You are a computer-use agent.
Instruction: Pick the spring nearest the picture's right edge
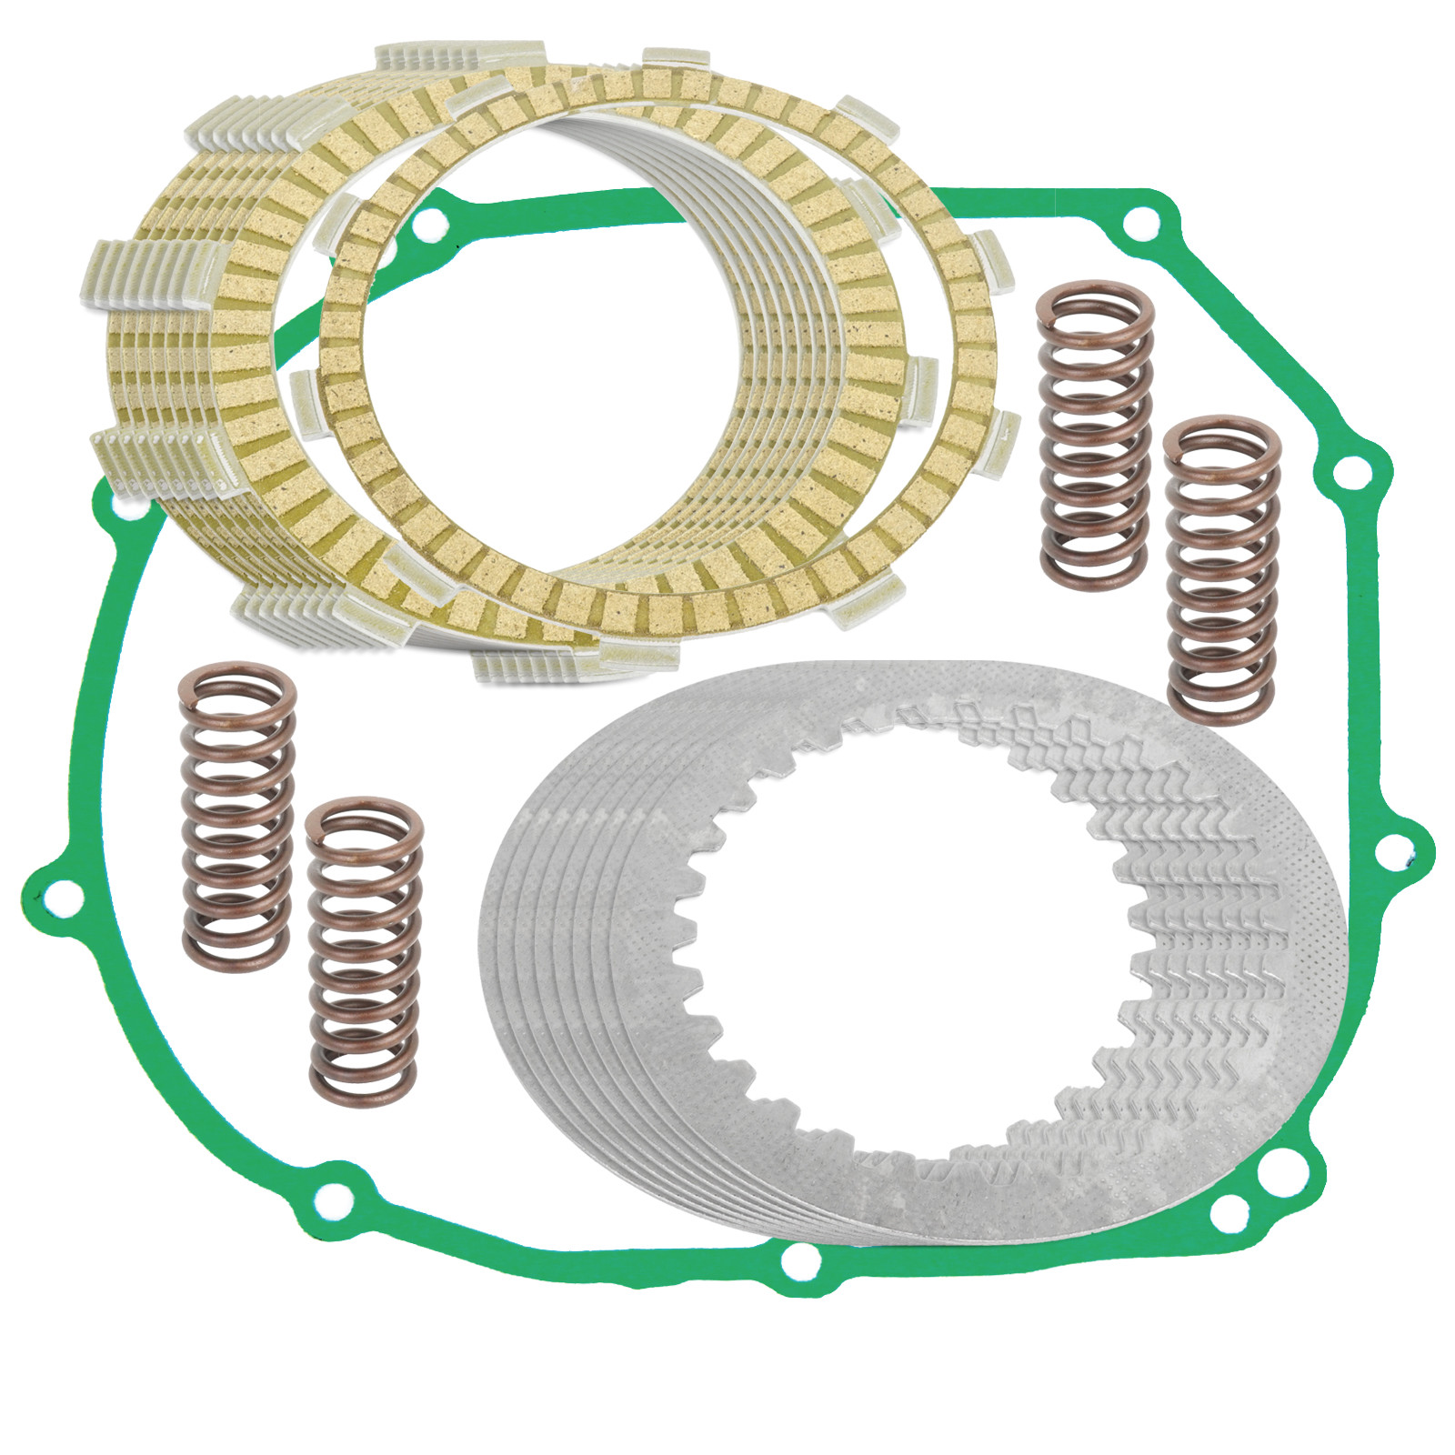click(x=1222, y=571)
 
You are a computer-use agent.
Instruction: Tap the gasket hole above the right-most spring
click(x=1350, y=471)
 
